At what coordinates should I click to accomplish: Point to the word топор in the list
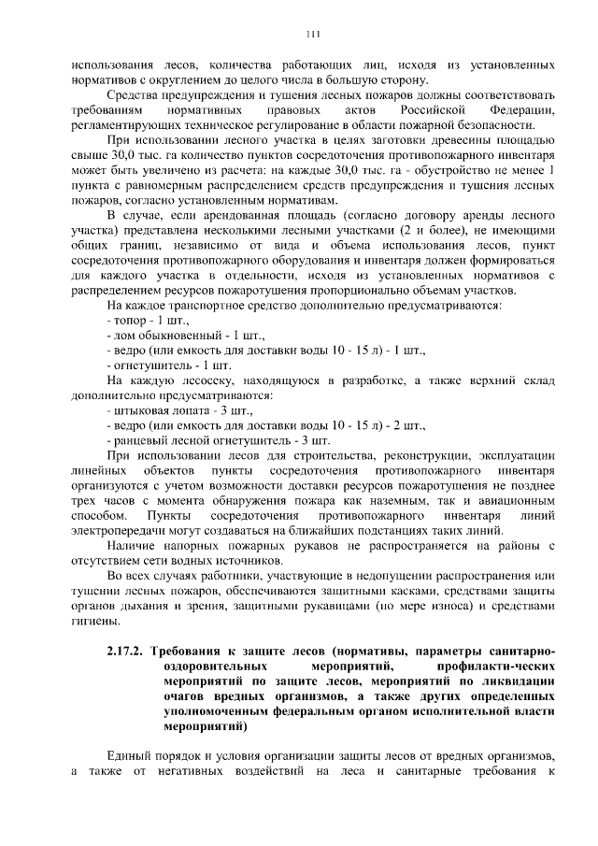(129, 320)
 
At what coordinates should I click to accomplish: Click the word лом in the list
(123, 335)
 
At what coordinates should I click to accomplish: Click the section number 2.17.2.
(123, 651)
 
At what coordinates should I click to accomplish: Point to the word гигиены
(93, 622)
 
